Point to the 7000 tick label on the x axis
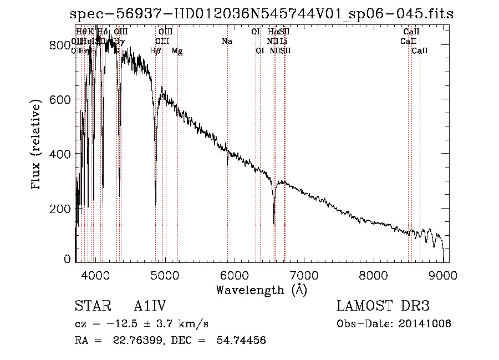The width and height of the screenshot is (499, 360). click(x=304, y=276)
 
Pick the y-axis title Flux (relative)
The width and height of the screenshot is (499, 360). click(x=37, y=145)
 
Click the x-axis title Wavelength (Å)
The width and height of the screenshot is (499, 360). click(x=261, y=290)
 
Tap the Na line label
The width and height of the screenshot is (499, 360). click(x=227, y=41)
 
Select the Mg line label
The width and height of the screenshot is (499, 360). click(x=177, y=51)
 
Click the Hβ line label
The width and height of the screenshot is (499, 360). click(x=156, y=51)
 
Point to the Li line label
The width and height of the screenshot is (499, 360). click(x=283, y=41)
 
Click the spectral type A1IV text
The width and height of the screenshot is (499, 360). click(x=150, y=307)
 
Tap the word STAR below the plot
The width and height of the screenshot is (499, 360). click(x=89, y=307)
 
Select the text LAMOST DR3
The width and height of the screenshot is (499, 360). click(x=383, y=307)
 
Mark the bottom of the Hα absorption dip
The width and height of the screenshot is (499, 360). click(x=274, y=224)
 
